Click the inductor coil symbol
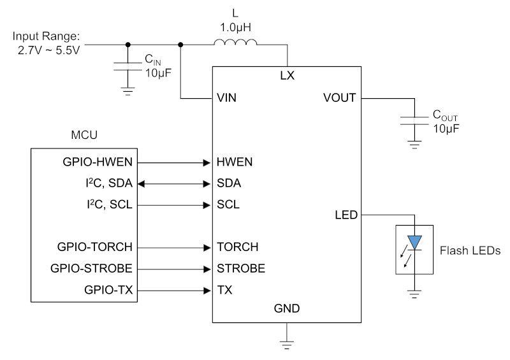235,42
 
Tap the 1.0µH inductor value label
235,27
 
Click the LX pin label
288,75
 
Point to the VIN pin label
226,97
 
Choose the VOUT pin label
340,97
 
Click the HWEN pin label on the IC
235,162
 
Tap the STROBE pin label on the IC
241,268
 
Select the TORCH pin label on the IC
238,247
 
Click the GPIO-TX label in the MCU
108,289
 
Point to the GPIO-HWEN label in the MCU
98,162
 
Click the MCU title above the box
84,135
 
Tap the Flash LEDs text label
470,250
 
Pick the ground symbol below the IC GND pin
286,345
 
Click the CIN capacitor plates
128,66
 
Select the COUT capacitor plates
414,120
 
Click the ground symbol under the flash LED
414,294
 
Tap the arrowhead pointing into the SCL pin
207,205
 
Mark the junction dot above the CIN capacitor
128,45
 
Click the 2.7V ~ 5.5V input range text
49,50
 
